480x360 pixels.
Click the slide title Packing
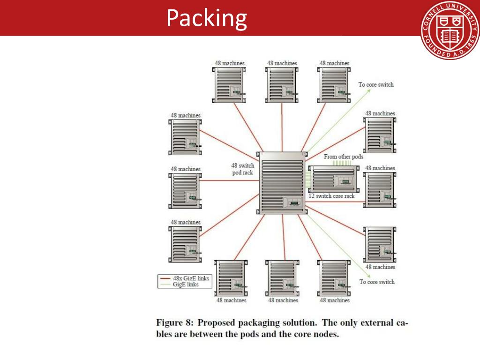(x=207, y=18)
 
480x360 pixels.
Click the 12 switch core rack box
(x=333, y=179)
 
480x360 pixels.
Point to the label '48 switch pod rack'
(x=242, y=169)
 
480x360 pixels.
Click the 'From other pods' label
(x=343, y=157)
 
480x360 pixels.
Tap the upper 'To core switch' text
(x=376, y=85)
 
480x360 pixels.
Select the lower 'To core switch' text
(x=377, y=282)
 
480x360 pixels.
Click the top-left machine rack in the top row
(x=229, y=85)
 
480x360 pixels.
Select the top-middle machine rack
(x=282, y=85)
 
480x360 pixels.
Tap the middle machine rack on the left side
(x=185, y=190)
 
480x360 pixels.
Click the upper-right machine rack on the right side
(x=380, y=135)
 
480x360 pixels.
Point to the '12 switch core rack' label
(x=331, y=196)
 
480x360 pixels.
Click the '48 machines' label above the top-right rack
(x=334, y=63)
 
